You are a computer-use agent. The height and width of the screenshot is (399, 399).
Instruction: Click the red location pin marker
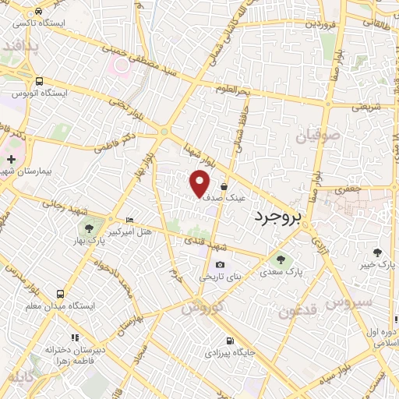coord(200,183)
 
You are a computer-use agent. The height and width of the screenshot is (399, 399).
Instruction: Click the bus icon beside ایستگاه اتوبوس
coord(40,80)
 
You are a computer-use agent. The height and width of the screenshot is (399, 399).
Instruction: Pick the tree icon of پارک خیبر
coord(378,252)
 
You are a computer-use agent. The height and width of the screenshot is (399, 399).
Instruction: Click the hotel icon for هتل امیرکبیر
coord(129,220)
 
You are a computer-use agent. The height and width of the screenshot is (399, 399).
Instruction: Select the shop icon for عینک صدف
coord(224,187)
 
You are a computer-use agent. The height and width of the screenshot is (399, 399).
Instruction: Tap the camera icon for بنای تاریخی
coord(220,265)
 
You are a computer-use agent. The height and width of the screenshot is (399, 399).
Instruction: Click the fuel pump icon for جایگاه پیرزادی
coord(229,341)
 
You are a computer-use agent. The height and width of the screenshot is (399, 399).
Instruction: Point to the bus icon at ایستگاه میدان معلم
coord(60,294)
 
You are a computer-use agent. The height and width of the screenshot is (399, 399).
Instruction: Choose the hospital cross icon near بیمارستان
coord(11,159)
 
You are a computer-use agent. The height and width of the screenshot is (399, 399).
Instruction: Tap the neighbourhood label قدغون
coord(297,310)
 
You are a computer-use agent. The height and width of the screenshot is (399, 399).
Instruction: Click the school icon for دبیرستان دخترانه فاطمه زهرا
coord(76,337)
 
